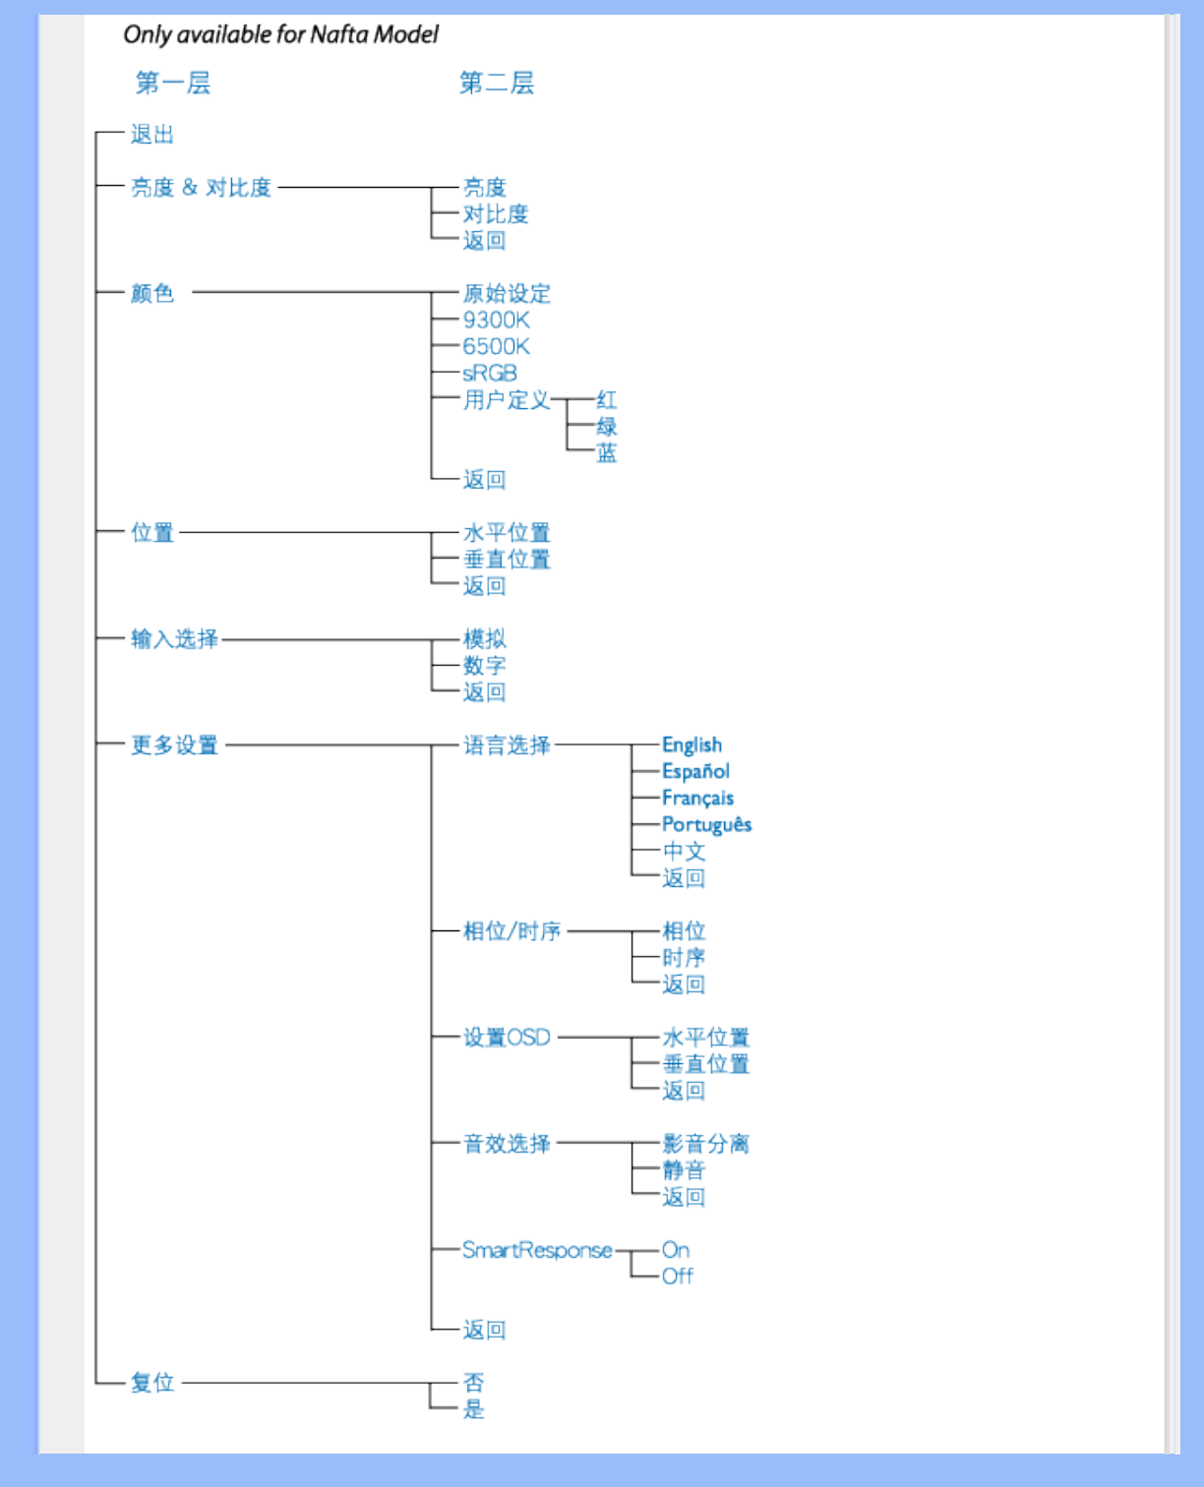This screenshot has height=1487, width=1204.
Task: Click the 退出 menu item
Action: click(x=152, y=135)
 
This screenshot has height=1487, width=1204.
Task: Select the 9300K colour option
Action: click(x=496, y=321)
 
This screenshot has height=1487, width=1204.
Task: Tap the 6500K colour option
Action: click(x=496, y=347)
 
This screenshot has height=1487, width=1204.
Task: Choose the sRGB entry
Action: click(x=490, y=374)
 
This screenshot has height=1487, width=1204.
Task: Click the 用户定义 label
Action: click(x=507, y=400)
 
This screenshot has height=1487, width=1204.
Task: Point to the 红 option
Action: click(x=607, y=400)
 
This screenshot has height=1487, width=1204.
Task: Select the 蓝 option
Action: click(x=607, y=453)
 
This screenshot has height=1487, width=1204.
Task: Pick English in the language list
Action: click(x=692, y=745)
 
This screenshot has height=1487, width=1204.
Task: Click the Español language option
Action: click(x=695, y=772)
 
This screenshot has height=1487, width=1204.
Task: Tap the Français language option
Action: click(x=697, y=799)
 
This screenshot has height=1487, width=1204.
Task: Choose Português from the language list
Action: click(x=706, y=825)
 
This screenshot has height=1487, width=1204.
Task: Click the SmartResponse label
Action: click(x=537, y=1250)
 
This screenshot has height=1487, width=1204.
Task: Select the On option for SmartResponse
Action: click(x=676, y=1250)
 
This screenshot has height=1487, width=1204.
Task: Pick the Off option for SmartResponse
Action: click(x=677, y=1277)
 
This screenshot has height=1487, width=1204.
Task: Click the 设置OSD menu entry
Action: click(x=507, y=1038)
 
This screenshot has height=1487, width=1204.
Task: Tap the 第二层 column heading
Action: click(x=497, y=84)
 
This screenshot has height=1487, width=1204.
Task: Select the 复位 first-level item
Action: click(x=152, y=1383)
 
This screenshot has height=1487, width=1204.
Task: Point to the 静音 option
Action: click(x=684, y=1170)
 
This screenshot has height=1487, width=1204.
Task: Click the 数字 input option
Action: click(x=484, y=666)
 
